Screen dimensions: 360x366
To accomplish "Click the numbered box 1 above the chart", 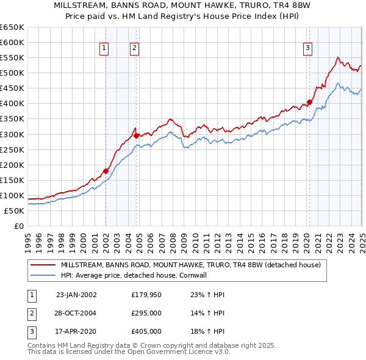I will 104,48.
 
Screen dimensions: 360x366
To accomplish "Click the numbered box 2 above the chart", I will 134,48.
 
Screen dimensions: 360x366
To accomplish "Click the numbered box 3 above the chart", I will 308,48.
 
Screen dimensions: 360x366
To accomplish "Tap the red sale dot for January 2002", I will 106,171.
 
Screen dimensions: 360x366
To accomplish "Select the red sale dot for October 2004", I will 137,135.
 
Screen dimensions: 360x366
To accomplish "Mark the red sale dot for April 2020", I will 309,102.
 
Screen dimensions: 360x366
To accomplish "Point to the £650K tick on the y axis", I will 12,27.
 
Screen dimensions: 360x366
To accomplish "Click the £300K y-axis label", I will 12,134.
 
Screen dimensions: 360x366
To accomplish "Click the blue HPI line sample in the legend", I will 43,275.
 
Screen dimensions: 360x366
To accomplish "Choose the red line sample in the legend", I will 43,265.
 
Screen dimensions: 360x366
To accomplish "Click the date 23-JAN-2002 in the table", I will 76,295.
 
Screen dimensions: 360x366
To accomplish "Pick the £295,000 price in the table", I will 146,313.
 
